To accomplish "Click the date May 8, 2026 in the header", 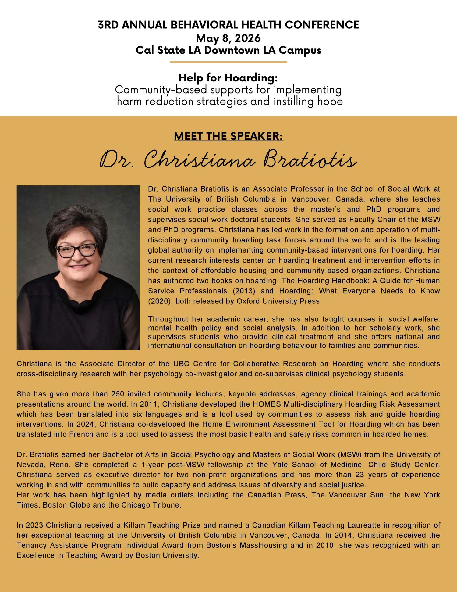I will (x=228, y=38).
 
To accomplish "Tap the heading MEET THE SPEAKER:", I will (x=228, y=136).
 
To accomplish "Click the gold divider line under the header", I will (x=228, y=62).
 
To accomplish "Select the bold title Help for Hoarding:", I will (x=228, y=78).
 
